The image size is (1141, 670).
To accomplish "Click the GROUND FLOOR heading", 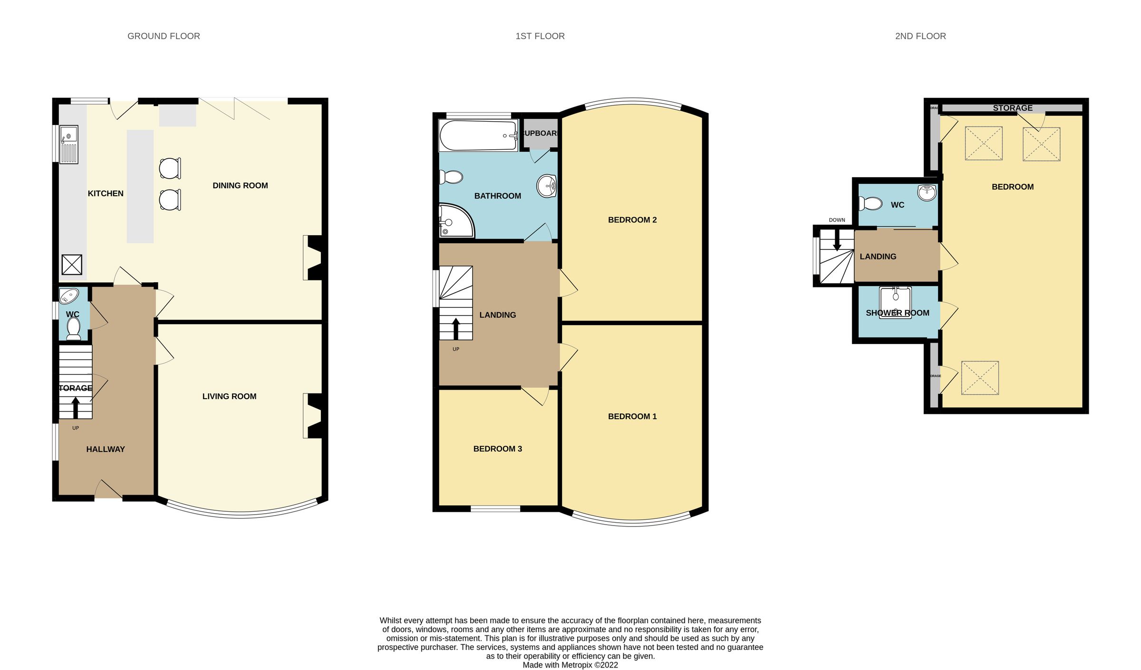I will click(x=164, y=36).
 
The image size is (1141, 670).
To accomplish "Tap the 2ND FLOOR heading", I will click(x=920, y=36).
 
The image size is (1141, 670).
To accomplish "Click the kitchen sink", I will click(x=69, y=144).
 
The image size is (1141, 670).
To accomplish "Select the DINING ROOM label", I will click(x=240, y=186).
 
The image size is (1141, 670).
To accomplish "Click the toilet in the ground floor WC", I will click(x=74, y=328).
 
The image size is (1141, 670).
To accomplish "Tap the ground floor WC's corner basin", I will click(x=69, y=297).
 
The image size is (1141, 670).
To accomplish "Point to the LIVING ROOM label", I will click(x=229, y=396).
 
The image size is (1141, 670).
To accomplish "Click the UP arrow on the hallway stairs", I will click(x=76, y=407).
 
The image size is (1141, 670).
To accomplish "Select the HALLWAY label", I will click(x=106, y=449).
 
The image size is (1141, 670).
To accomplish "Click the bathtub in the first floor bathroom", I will click(x=478, y=136).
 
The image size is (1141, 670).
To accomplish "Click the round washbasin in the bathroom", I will click(x=547, y=186).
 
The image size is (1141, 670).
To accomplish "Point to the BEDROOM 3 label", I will click(x=497, y=449).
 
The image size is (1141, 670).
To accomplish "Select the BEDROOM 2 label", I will click(x=632, y=220).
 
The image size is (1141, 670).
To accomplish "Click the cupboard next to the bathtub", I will click(x=540, y=133).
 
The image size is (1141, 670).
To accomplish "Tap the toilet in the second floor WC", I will click(x=870, y=204).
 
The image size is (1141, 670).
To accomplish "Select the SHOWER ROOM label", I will click(x=897, y=313).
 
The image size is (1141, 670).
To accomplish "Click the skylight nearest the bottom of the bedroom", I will click(x=980, y=378).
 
